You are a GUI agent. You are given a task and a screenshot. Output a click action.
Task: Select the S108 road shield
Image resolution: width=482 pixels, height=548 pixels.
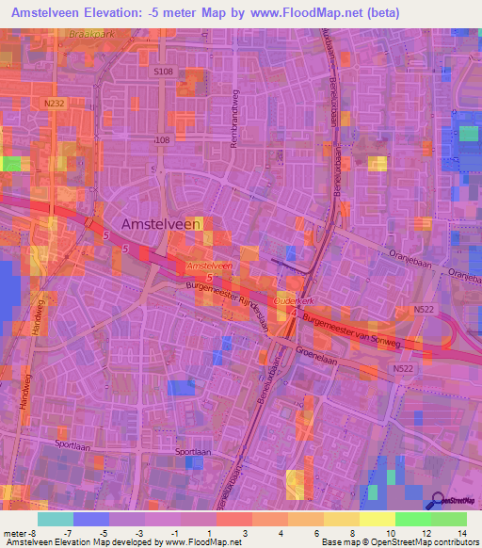pos(163,72)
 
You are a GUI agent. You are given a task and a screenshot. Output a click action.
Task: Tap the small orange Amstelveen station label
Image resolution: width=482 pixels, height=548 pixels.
pos(208,266)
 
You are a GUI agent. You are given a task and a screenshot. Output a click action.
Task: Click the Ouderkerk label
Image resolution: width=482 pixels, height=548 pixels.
pos(293,300)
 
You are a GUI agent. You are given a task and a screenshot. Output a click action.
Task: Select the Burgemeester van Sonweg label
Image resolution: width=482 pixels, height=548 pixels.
pos(352,330)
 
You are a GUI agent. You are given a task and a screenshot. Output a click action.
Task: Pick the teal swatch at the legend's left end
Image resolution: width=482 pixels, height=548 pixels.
pos(56,519)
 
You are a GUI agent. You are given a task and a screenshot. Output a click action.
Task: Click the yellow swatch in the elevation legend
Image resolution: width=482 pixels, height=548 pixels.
pos(377,519)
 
